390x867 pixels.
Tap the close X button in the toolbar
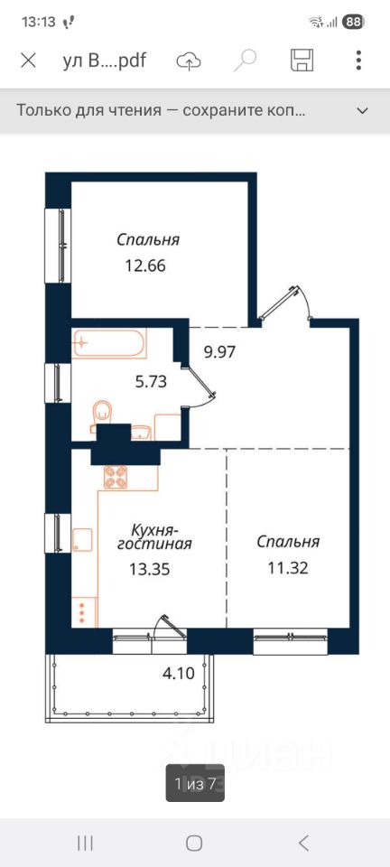point(28,60)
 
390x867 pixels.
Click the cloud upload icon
point(189,61)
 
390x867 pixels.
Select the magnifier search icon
point(245,60)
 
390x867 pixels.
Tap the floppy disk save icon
point(302,60)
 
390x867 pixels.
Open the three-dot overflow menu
point(358,60)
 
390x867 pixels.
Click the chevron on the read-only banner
point(362,110)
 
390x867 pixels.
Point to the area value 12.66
point(145,266)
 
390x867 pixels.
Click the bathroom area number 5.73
point(151,381)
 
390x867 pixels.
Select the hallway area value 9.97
point(220,351)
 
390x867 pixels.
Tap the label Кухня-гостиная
point(154,536)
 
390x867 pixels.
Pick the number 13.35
point(149,569)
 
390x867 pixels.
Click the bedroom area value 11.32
point(288,567)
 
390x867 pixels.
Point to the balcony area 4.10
point(179,674)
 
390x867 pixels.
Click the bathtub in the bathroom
point(109,343)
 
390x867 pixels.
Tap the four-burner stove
point(116,477)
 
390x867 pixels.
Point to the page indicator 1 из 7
point(194,783)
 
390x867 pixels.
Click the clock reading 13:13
point(39,22)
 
